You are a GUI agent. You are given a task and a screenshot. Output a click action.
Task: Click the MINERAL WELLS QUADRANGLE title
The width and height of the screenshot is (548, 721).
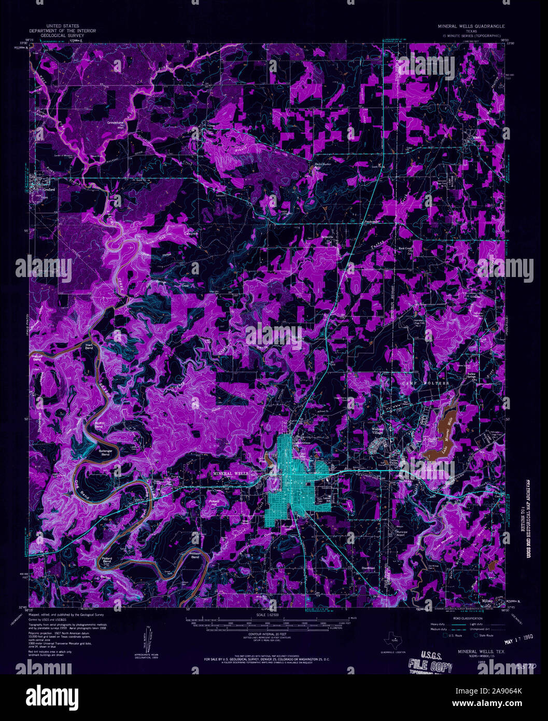click(471, 26)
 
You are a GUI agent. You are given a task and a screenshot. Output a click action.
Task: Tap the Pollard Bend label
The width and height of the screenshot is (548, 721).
click(108, 560)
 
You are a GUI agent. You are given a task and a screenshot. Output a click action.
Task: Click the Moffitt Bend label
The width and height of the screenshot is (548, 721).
click(99, 424)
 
